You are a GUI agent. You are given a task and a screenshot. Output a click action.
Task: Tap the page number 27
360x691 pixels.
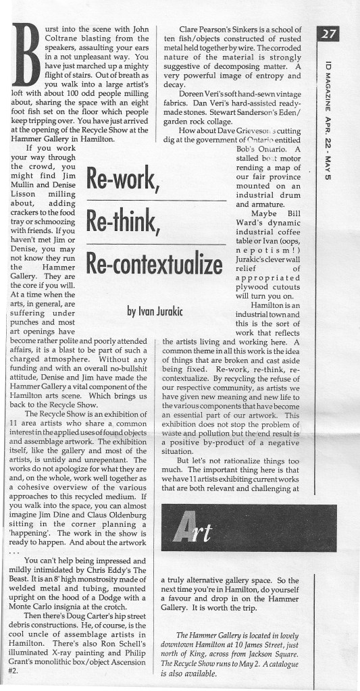pos(330,34)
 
